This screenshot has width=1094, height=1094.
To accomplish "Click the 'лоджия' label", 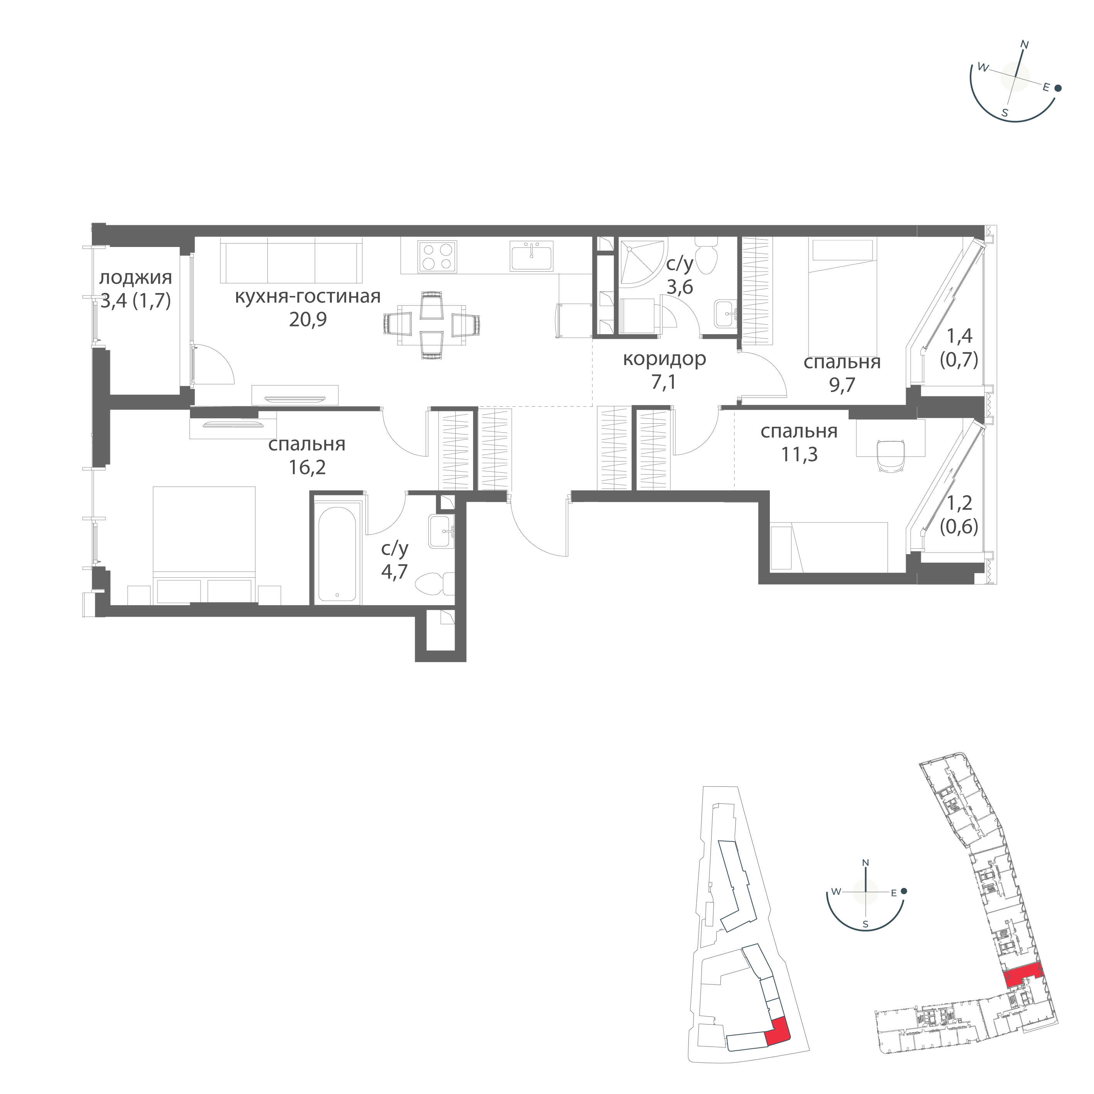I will pos(135,278).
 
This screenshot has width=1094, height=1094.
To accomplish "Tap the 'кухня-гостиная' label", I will pos(308,297).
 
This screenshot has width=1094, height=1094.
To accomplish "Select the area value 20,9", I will pos(308,321).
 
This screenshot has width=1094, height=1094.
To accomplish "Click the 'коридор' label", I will pos(664,359).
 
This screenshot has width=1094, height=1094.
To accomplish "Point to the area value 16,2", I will pos(307,468).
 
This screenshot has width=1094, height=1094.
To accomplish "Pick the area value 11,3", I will pos(799,454).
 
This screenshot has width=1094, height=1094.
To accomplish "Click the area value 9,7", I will pos(842,385).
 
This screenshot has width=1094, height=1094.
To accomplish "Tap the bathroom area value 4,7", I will pos(394,572).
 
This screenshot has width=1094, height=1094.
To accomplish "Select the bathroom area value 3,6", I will pos(680,287).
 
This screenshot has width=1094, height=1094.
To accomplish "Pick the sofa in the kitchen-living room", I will pos(291,260).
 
